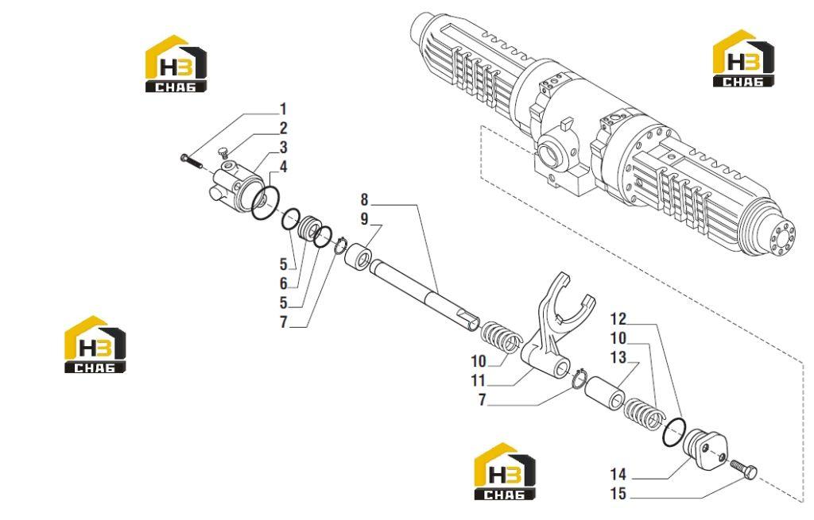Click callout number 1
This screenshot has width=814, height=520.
tap(283, 110)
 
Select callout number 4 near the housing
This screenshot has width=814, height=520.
tap(283, 167)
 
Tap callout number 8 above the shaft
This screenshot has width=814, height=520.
tap(364, 199)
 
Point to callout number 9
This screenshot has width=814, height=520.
tap(364, 219)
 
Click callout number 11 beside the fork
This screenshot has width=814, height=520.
tap(478, 380)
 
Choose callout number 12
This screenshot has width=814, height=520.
tap(618, 318)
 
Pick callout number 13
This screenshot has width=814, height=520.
tap(618, 357)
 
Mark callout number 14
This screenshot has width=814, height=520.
tap(618, 475)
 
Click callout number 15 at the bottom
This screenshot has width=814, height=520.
tap(618, 494)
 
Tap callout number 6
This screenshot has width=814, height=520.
tap(283, 283)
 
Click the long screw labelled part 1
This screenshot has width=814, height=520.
tap(192, 160)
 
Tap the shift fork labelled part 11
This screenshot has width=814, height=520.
tap(550, 332)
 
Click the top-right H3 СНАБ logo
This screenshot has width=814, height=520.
tap(743, 58)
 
